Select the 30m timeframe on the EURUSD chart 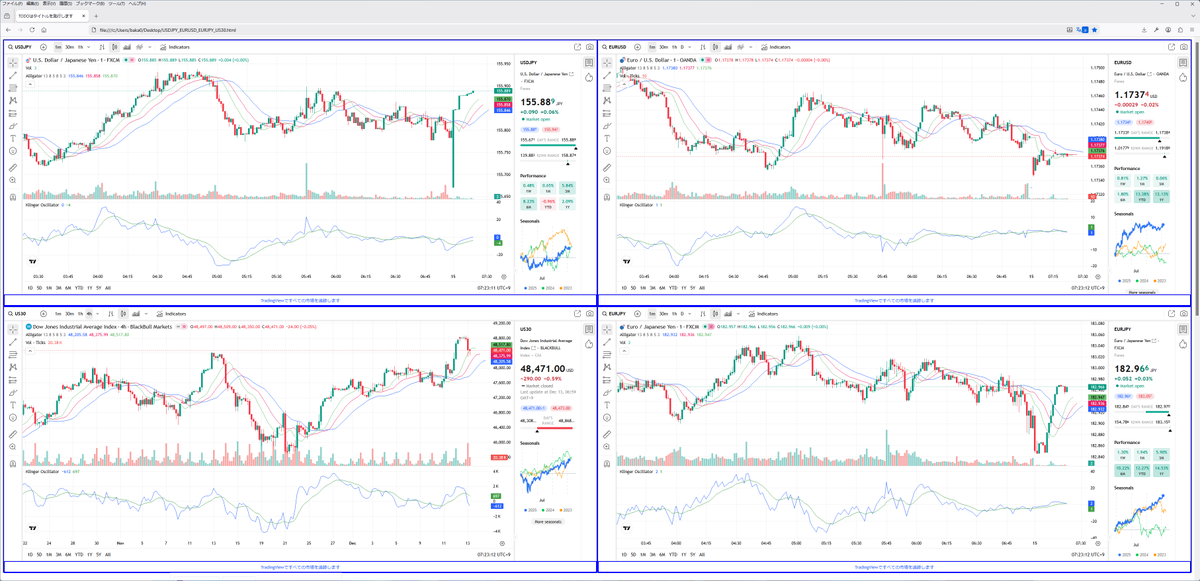664,47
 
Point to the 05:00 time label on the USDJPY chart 216,277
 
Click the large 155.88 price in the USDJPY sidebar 539,102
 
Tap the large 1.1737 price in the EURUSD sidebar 1131,95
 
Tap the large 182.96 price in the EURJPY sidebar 1134,369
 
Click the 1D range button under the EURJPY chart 621,554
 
